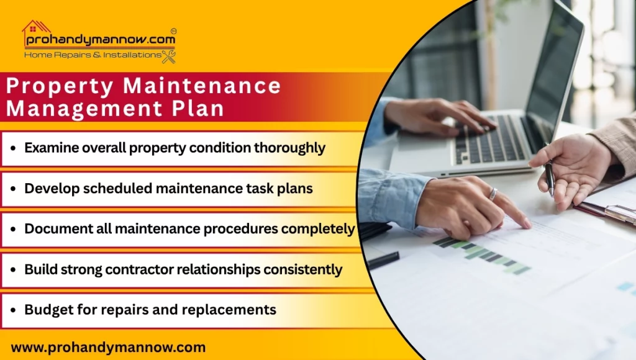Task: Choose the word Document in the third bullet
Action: tap(55, 228)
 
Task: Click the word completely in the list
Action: tap(318, 228)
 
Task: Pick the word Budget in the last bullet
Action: tap(45, 309)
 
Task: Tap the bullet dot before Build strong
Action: tap(14, 270)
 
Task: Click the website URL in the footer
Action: tap(108, 347)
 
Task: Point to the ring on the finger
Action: tap(493, 194)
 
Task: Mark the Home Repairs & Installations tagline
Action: tap(93, 55)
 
